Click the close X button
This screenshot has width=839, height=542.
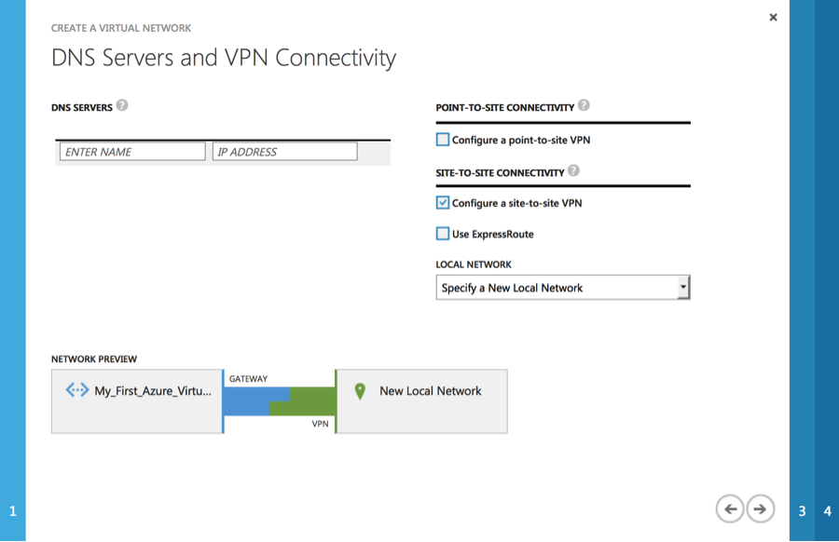click(773, 17)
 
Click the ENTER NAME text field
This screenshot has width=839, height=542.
click(132, 151)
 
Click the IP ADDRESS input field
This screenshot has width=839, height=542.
click(284, 151)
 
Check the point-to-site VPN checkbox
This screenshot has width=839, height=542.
click(443, 140)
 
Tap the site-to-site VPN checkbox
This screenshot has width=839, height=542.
click(443, 203)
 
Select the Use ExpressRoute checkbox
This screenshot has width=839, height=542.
click(443, 234)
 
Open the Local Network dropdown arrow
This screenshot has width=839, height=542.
click(683, 287)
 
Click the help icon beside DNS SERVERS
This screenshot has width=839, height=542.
click(122, 105)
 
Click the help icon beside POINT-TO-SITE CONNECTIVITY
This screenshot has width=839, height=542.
click(584, 105)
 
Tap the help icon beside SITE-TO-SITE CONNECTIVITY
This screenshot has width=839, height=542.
click(573, 170)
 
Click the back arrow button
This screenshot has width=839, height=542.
click(730, 508)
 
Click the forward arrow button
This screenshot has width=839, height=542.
click(760, 508)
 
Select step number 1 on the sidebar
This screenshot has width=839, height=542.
click(13, 511)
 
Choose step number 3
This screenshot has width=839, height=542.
click(802, 511)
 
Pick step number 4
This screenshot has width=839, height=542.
click(827, 511)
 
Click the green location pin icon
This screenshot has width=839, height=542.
click(360, 391)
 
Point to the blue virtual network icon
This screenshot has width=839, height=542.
click(77, 390)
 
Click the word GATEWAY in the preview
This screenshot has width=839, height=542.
click(248, 379)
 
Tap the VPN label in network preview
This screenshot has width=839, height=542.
click(320, 424)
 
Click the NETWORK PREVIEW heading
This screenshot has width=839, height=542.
click(94, 359)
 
